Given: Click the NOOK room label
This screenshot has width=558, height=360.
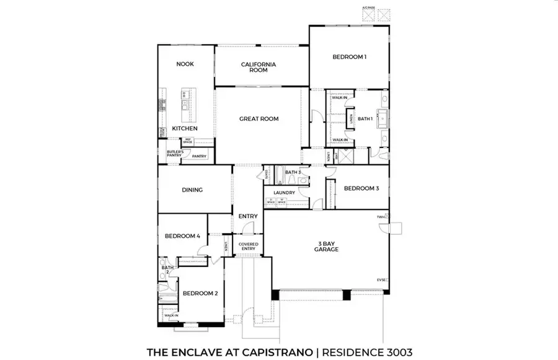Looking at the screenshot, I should pyautogui.click(x=185, y=64).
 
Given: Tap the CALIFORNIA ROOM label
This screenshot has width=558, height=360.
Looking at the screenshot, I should pyautogui.click(x=259, y=67).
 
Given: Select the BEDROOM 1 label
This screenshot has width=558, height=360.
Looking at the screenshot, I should pyautogui.click(x=350, y=57).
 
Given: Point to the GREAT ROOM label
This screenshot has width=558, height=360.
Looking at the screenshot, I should pyautogui.click(x=259, y=118).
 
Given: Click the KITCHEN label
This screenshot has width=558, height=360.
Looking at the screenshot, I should pyautogui.click(x=185, y=128).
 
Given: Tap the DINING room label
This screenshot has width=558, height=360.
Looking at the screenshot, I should pyautogui.click(x=192, y=190).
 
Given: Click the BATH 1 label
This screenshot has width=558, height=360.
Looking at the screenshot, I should pyautogui.click(x=365, y=118).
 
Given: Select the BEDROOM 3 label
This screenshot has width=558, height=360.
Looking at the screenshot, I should pyautogui.click(x=361, y=188).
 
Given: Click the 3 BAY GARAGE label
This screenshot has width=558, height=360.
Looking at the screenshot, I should pyautogui.click(x=325, y=245).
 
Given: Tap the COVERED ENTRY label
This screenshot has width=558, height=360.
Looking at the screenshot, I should pyautogui.click(x=248, y=247).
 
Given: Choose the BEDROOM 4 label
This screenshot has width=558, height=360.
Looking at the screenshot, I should pyautogui.click(x=182, y=236).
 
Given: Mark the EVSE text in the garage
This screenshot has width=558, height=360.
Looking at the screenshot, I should pyautogui.click(x=381, y=279).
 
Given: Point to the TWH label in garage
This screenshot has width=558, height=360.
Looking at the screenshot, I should pyautogui.click(x=381, y=217).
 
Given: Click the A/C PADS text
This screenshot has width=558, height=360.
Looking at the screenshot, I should pyautogui.click(x=368, y=7).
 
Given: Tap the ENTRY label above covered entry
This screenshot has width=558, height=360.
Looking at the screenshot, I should pyautogui.click(x=248, y=216).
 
